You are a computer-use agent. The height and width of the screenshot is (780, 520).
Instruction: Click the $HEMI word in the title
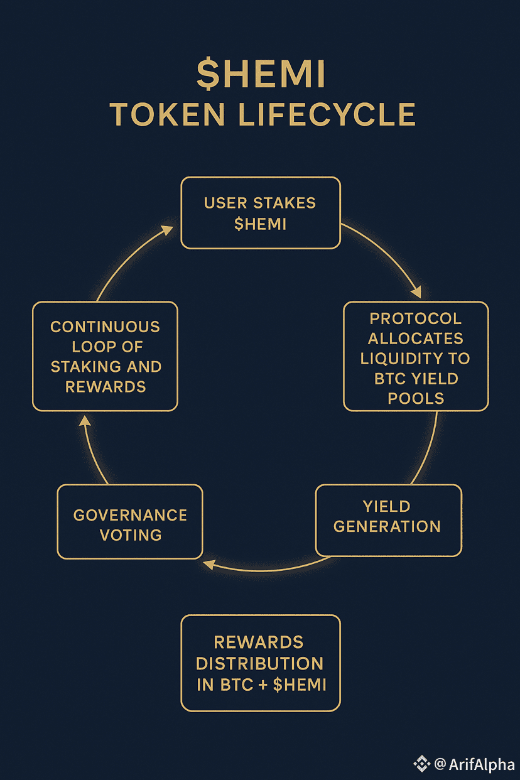tap(261, 75)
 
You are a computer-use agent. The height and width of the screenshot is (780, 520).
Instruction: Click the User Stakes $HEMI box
tap(260, 212)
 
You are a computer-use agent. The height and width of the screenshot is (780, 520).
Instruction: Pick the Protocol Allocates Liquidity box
tap(416, 356)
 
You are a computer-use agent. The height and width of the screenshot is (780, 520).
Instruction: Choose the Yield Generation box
tap(387, 520)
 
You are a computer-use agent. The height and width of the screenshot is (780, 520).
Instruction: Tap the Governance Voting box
tap(130, 521)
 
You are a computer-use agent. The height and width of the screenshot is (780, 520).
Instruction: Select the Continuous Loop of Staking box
tap(105, 356)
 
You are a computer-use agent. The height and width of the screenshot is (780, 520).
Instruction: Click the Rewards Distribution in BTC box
tap(260, 663)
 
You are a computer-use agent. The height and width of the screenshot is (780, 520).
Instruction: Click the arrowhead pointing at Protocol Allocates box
tap(415, 292)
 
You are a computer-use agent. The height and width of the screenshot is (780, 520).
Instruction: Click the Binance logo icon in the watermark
tap(421, 763)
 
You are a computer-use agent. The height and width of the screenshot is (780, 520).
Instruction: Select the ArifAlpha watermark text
tap(479, 763)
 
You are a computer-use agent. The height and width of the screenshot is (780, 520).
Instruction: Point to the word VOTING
tap(130, 535)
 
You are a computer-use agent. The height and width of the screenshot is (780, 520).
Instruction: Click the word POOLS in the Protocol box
tap(416, 398)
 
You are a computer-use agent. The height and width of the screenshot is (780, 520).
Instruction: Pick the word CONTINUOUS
tap(105, 327)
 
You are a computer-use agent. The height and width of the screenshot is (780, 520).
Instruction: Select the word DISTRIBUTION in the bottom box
tap(260, 663)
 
